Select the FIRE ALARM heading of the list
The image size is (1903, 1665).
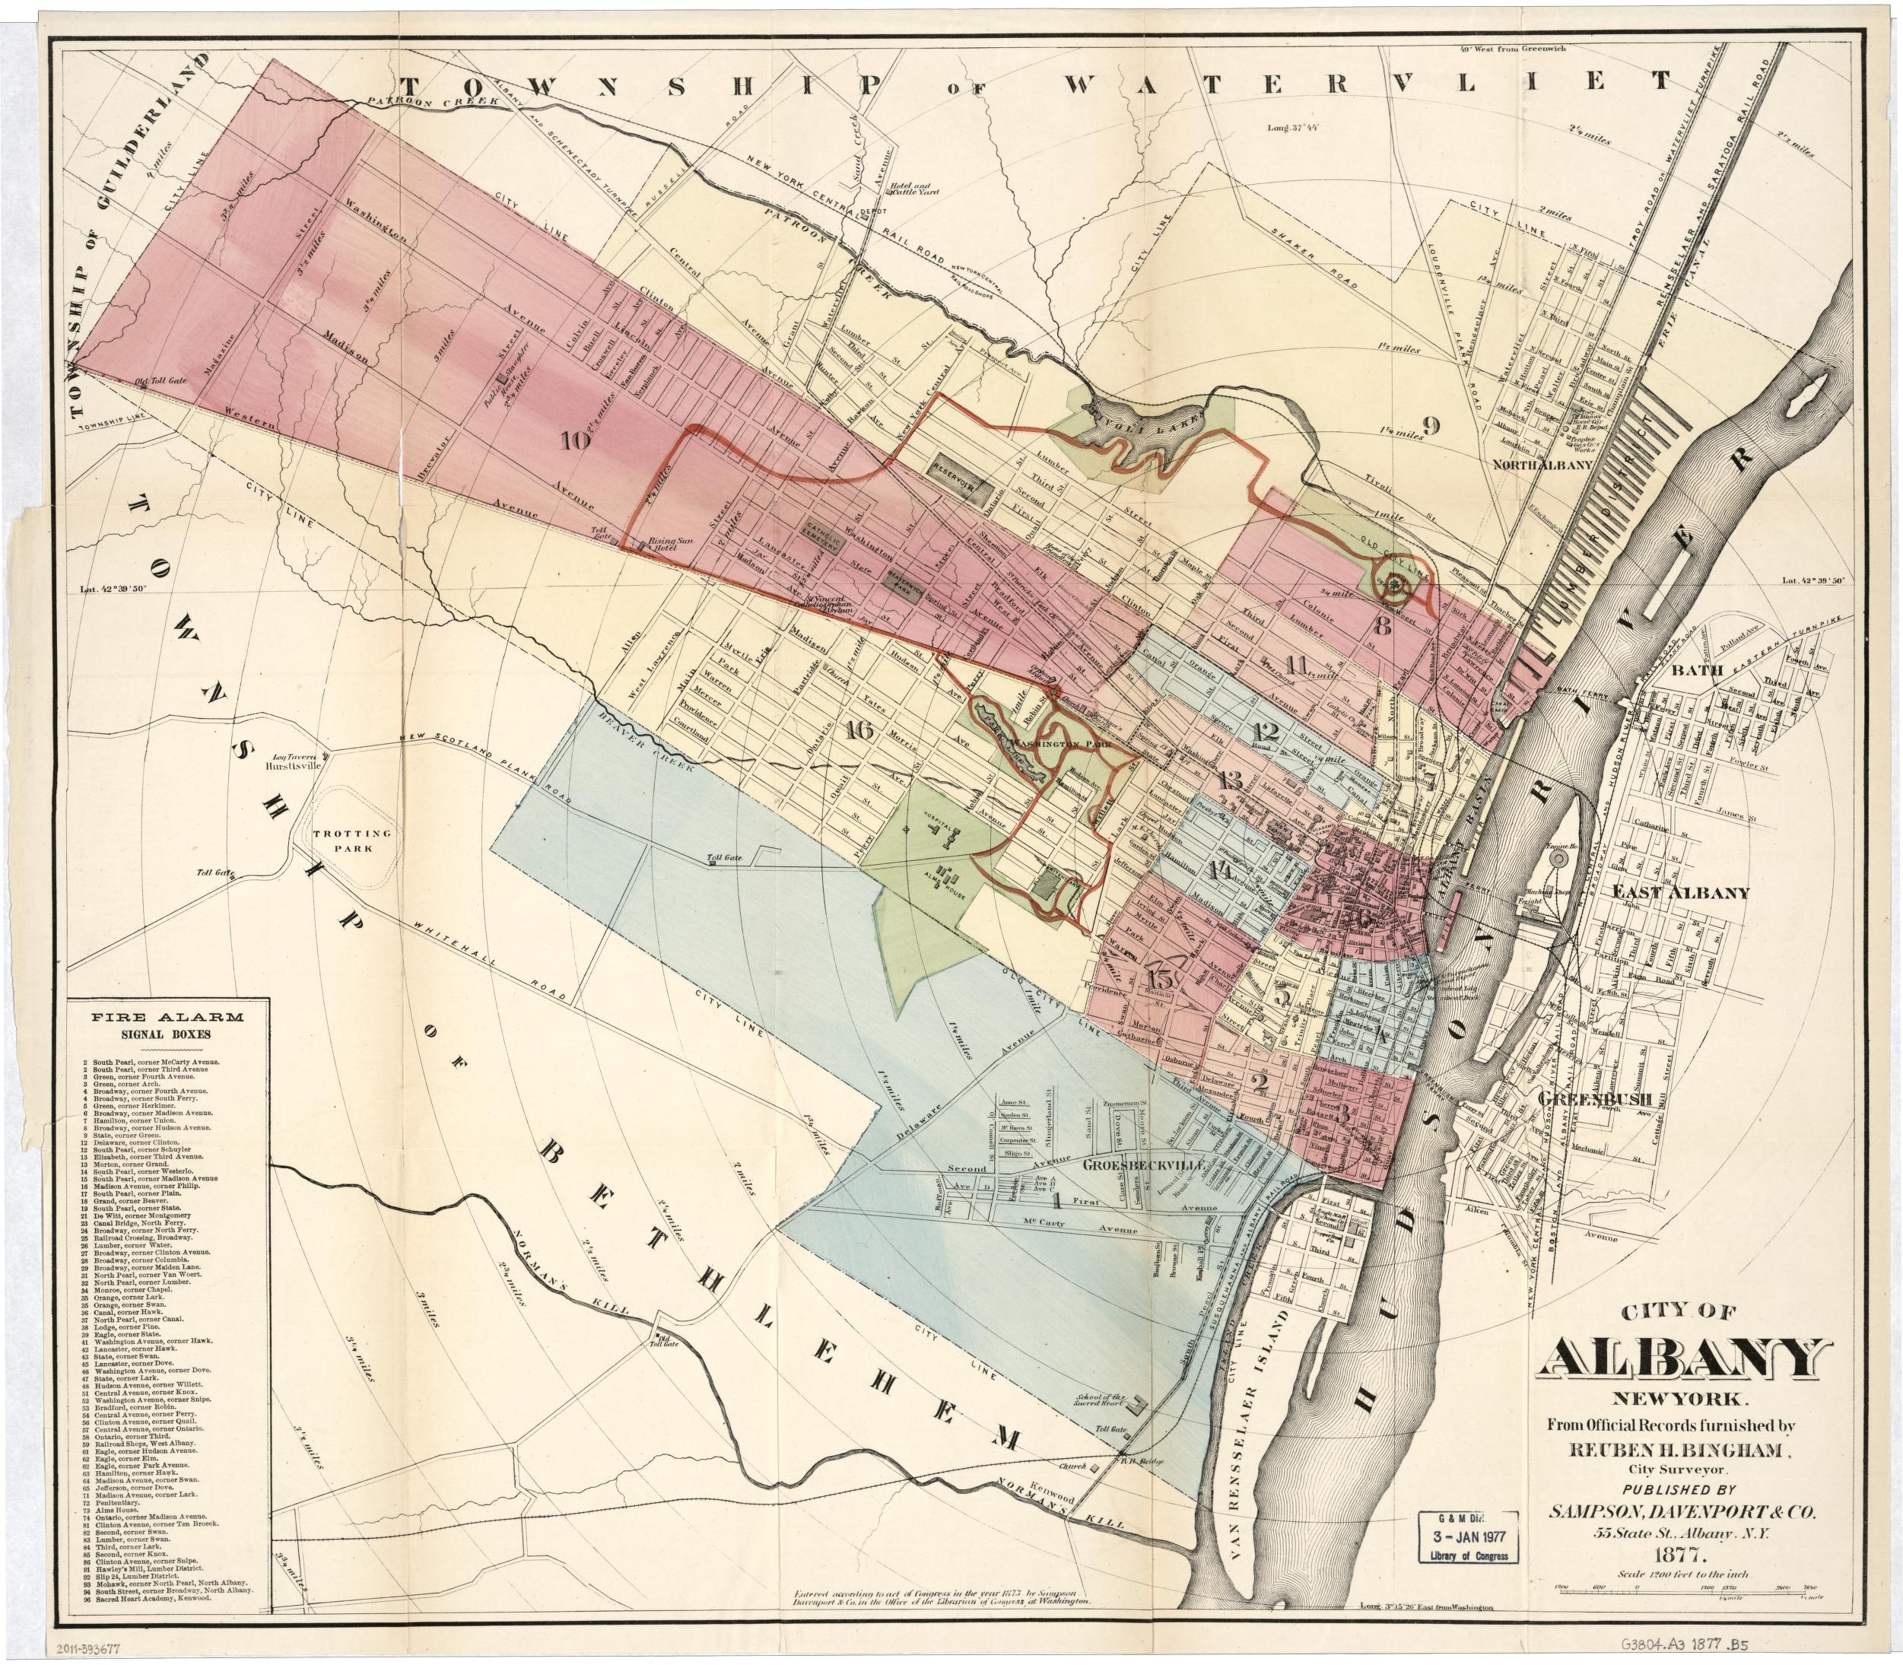pyautogui.click(x=167, y=1015)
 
